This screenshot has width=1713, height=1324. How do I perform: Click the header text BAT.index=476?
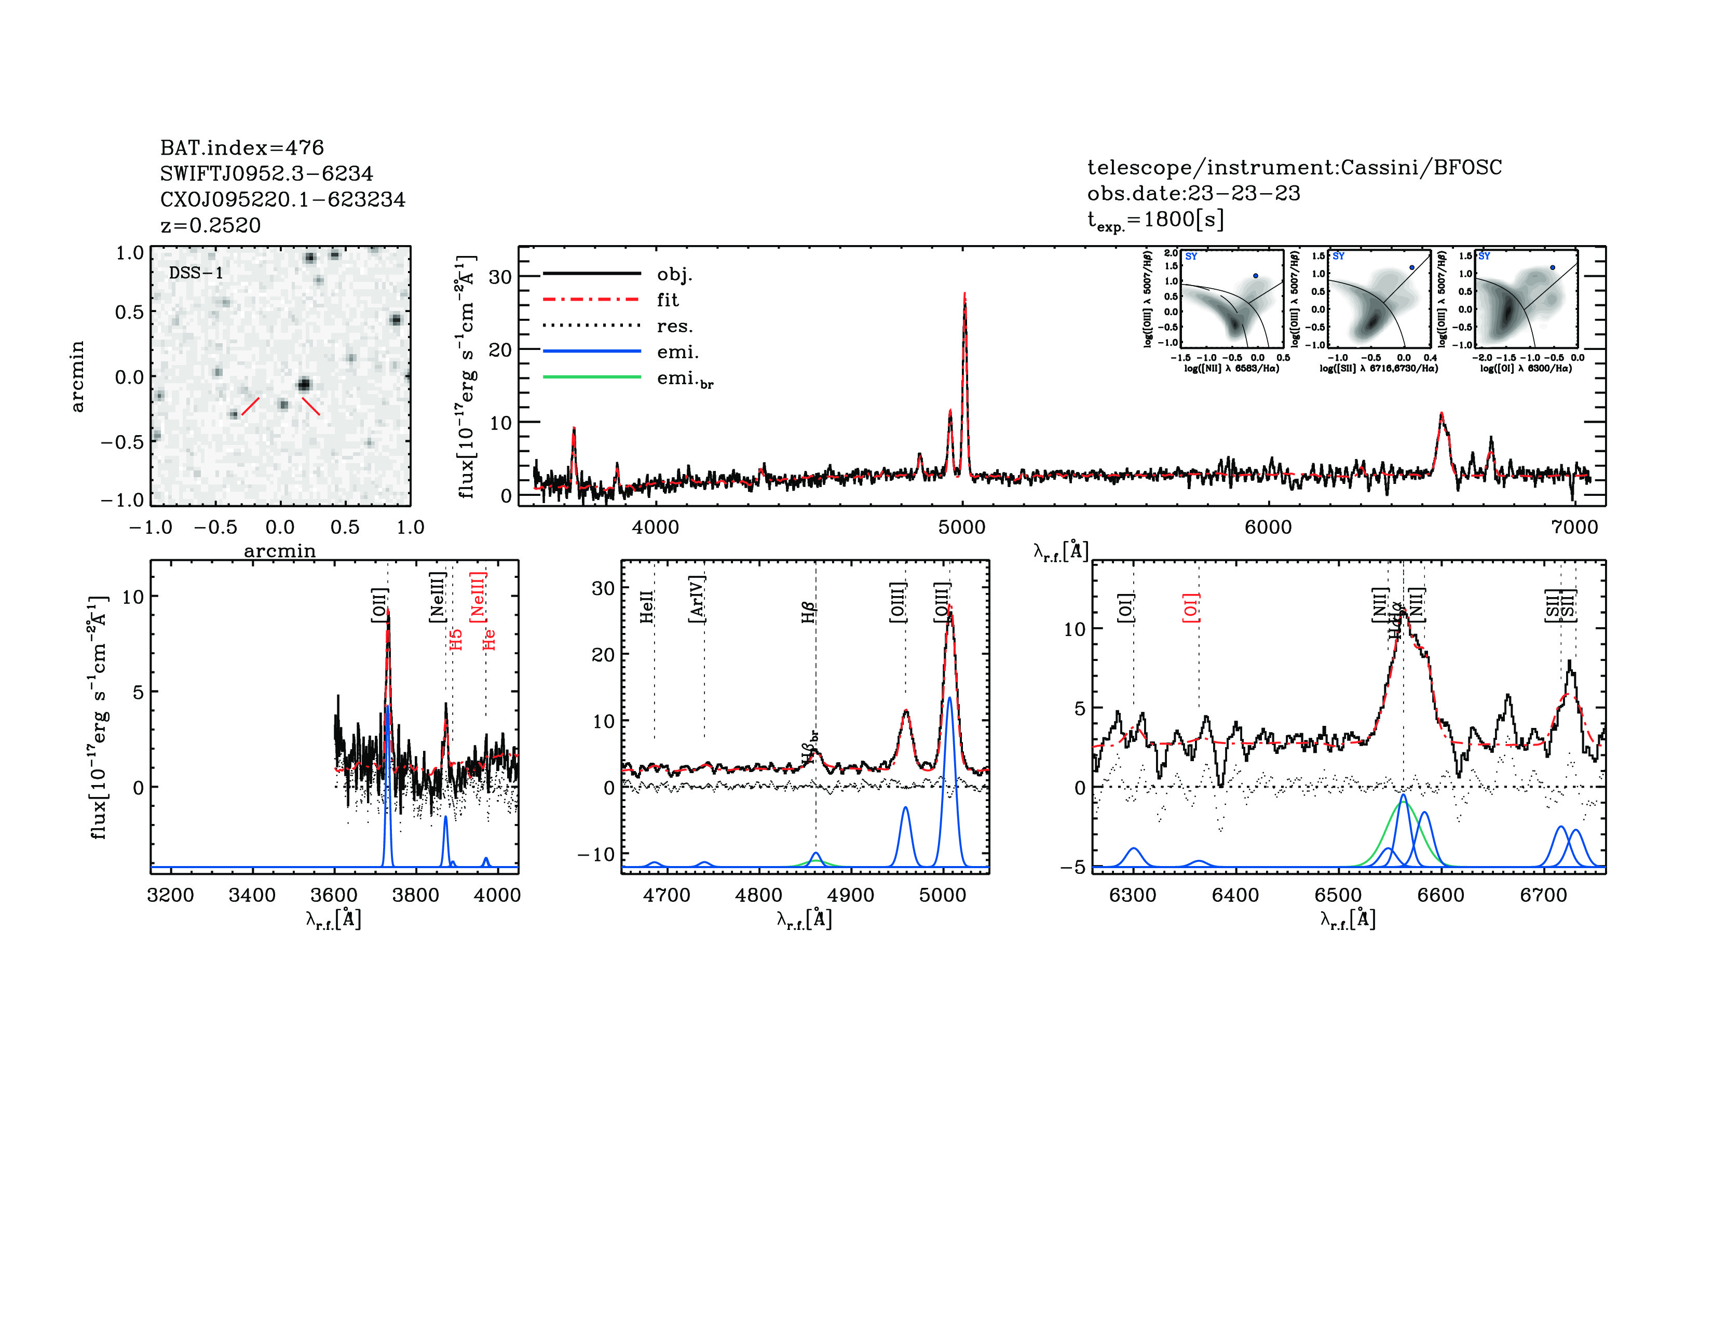coord(241,147)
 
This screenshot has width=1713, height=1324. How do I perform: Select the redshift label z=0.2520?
coord(210,225)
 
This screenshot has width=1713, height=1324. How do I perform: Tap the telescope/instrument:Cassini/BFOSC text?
coord(1294,167)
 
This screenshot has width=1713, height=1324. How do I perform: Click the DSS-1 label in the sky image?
coord(196,273)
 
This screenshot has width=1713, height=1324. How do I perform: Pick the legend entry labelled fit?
coord(668,300)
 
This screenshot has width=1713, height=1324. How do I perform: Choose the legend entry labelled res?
coord(674,326)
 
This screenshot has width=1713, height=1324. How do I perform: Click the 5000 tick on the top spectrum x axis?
coord(961,527)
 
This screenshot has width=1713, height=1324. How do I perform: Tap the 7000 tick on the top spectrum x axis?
coord(1574,527)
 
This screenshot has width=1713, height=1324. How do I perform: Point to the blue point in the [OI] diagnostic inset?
coord(1552,267)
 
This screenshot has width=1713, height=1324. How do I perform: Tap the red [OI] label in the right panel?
coord(1191,608)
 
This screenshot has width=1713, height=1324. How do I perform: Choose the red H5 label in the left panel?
coord(456,639)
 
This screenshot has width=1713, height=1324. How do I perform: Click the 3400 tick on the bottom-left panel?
coord(252,895)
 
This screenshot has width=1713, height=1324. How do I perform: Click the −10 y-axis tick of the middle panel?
coord(599,854)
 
